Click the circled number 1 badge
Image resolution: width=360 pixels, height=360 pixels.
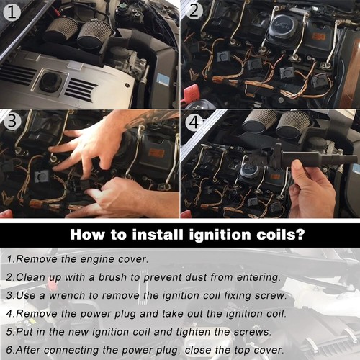pos(12,12)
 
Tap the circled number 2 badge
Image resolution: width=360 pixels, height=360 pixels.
pos(194,11)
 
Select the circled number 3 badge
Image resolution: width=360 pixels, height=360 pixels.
pos(12,121)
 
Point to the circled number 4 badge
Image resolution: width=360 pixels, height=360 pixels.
pos(194,122)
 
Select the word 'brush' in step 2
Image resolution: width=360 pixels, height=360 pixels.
pos(112,277)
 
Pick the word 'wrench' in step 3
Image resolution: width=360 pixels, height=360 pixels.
pos(67,296)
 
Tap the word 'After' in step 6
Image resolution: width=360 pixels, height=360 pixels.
pos(28,350)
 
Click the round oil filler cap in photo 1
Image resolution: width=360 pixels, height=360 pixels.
pos(51,81)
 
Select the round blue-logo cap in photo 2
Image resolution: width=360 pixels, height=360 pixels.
pos(284,27)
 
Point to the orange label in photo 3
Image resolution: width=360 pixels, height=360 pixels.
pos(156,153)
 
